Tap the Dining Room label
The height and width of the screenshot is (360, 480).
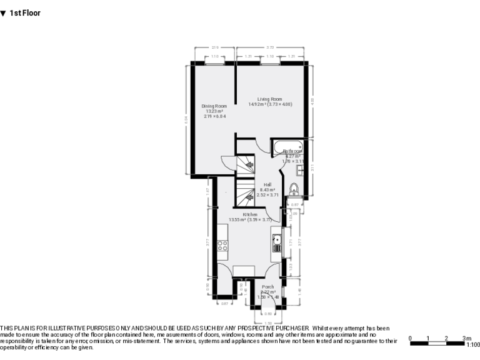214,106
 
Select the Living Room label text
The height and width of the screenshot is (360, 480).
270,99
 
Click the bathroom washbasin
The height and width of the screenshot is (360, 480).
301,168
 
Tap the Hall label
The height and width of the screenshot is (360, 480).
267,184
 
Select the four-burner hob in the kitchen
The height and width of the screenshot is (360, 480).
222,246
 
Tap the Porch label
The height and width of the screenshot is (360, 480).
267,287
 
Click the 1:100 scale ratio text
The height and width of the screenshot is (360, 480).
473,344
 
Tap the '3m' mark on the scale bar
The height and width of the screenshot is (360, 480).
466,338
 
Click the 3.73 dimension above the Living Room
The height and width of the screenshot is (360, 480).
270,47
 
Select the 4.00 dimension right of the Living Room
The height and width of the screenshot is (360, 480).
312,100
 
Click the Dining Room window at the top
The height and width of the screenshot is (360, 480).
214,62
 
